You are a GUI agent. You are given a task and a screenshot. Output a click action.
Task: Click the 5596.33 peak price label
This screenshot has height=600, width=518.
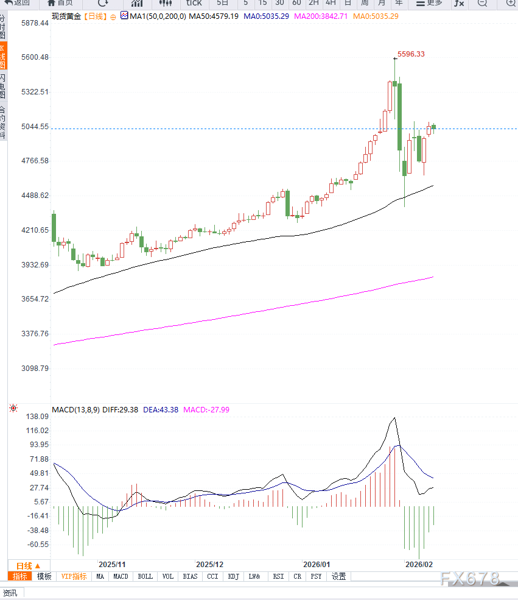[x=411, y=54]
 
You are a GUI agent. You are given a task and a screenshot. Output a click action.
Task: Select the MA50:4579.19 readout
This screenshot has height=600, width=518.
[x=213, y=16]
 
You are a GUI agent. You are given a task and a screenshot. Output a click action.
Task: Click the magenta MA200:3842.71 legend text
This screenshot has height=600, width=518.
[x=321, y=16]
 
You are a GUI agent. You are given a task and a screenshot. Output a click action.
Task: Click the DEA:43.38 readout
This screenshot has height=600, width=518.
[x=161, y=410]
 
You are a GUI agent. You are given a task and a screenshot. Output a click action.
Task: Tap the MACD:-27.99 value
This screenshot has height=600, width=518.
[x=206, y=410]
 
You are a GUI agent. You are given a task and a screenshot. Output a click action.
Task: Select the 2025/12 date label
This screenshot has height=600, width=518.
[x=210, y=565]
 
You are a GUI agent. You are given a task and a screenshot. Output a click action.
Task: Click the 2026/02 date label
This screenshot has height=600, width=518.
[x=419, y=565]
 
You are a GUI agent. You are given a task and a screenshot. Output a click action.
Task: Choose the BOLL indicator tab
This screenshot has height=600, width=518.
[x=145, y=576]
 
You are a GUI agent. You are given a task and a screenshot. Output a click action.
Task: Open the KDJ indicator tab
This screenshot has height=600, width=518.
[x=233, y=576]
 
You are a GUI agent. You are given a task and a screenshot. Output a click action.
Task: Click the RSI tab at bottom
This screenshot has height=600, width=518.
[x=278, y=576]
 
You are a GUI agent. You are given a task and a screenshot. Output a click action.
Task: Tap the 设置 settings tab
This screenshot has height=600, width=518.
[x=338, y=576]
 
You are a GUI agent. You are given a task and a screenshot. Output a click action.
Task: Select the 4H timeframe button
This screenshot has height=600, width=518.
[x=331, y=3]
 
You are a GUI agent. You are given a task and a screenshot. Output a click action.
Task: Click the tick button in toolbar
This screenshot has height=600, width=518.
[x=194, y=3]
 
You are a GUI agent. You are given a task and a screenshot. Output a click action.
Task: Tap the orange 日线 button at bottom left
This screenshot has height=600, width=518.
[x=28, y=565]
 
